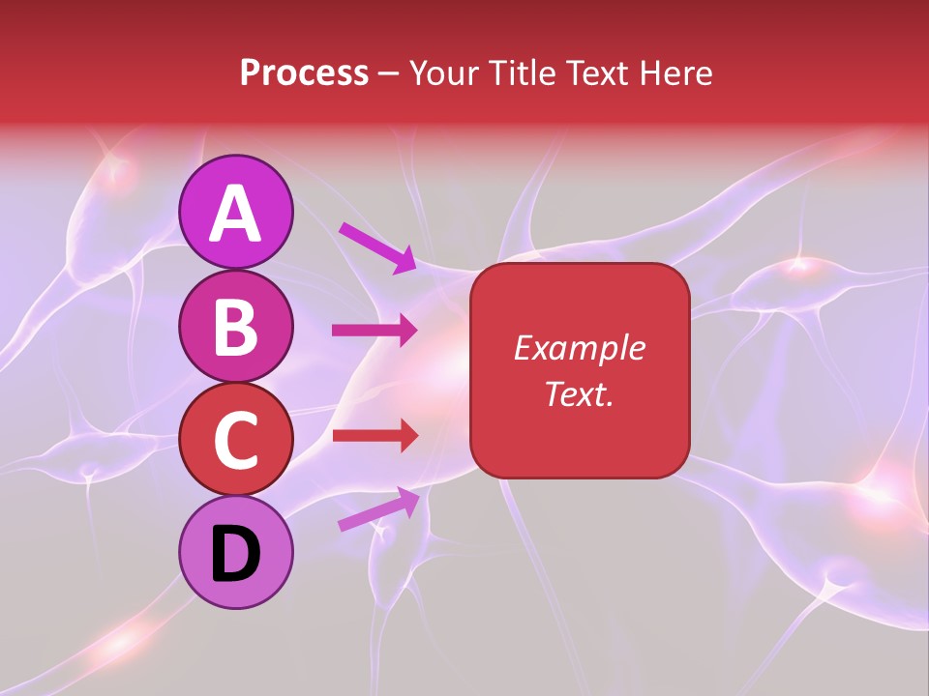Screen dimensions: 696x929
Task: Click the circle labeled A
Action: coord(236,213)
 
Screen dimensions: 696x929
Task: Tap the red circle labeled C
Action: coord(236,439)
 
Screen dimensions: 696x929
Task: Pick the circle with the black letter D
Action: coord(236,552)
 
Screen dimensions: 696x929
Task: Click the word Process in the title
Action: coord(304,73)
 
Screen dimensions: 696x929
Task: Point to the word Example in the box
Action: coord(579,348)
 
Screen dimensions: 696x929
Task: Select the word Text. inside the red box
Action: coord(579,393)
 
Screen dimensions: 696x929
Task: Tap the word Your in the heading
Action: coord(445,73)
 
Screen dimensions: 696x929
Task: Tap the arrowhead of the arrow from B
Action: coord(407,331)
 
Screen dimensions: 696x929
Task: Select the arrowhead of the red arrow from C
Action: coord(407,436)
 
